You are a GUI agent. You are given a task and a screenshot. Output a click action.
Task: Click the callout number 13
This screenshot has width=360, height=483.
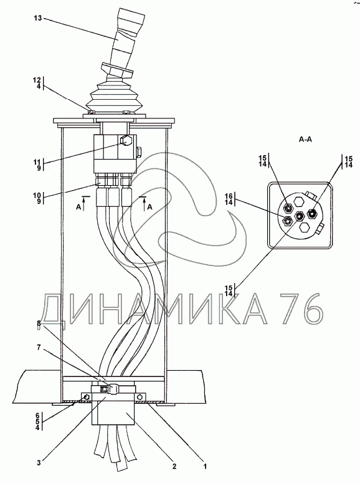tap(37, 18)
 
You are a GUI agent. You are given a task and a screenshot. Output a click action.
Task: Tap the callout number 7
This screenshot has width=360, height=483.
tap(39, 347)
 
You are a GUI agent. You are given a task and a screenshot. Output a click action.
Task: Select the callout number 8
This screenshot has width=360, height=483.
tap(39, 323)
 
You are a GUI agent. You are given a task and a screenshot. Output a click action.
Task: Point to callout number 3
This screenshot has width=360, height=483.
tap(39, 462)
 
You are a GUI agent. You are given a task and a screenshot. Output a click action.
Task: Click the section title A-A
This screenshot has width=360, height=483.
tap(305, 140)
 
